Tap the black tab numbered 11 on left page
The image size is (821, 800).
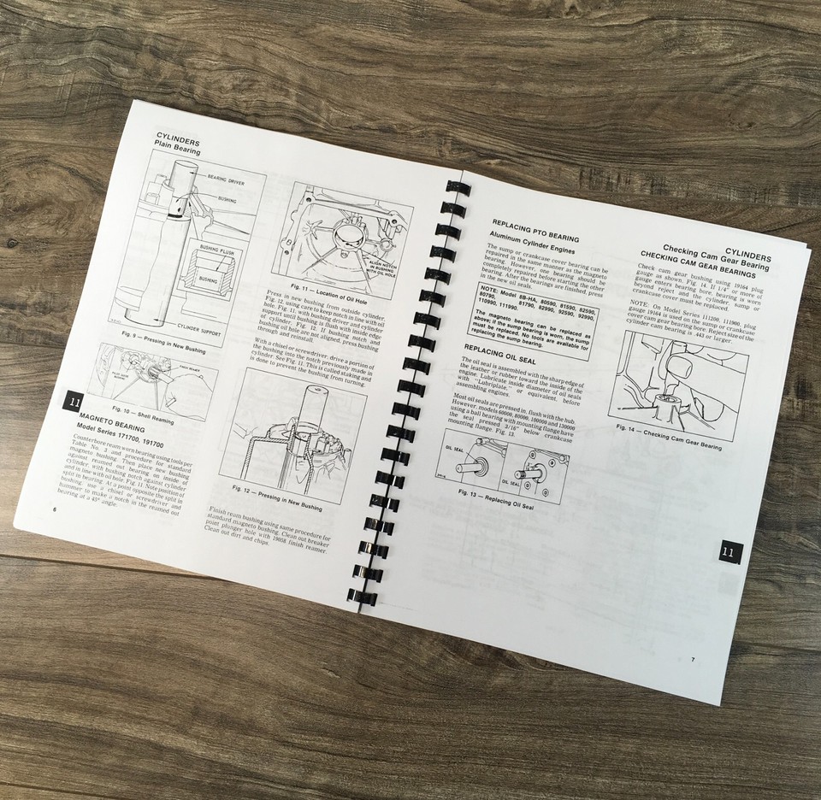click(72, 402)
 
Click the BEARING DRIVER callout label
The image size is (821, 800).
click(226, 177)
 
